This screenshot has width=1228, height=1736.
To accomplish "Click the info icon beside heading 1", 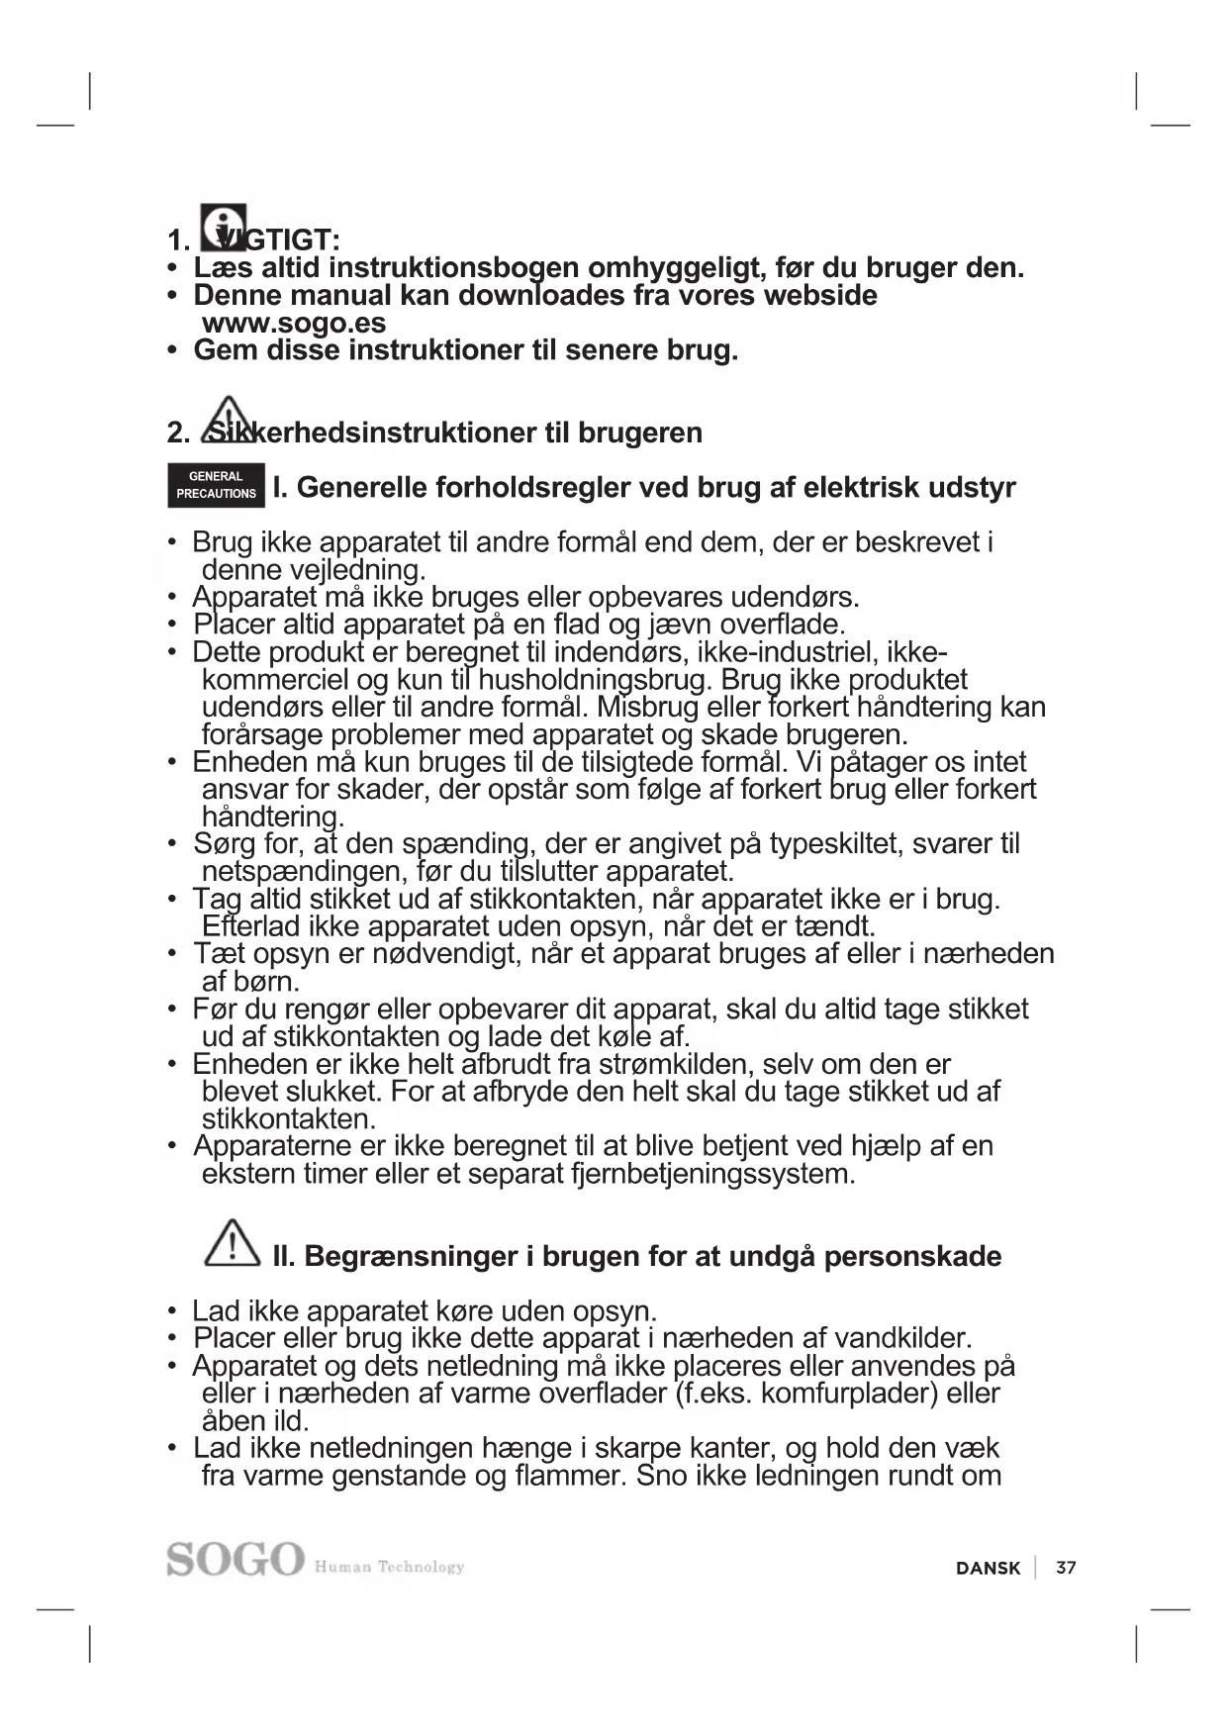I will coord(223,228).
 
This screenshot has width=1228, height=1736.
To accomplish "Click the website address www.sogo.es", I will coord(294,323).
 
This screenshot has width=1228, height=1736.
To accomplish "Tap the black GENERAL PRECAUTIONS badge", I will coord(216,485).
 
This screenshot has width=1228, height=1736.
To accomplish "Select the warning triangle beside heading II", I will coord(232,1243).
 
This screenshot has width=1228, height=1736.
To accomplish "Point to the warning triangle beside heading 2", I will coord(229,419).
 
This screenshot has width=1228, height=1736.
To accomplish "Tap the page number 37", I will coord(1066,1568).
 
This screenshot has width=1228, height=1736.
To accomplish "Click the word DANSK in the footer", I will coord(988,1568).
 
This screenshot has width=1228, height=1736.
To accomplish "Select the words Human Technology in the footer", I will coord(389,1567).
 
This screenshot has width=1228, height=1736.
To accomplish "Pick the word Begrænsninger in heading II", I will coord(411,1256).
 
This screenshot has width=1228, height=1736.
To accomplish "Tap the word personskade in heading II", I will coord(912,1256).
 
